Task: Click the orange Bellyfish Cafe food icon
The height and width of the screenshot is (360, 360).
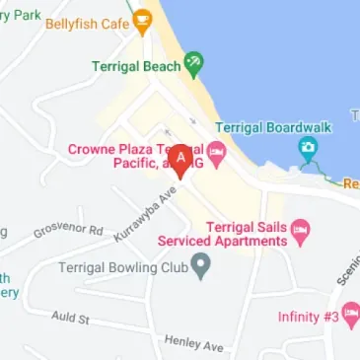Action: coord(144,18)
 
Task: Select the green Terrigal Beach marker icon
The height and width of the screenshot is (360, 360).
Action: coord(194,65)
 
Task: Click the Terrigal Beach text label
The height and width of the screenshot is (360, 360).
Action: coord(136,67)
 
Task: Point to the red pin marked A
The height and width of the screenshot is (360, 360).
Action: coord(180,159)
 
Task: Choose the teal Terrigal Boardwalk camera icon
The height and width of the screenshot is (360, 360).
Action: coord(308,150)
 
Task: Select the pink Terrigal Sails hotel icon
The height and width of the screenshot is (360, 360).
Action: coord(303,232)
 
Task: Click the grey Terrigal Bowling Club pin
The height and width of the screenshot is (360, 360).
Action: coord(201,265)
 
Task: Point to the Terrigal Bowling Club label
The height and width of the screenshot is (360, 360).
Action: coord(122,266)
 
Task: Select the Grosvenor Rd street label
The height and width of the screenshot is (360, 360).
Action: coord(68,232)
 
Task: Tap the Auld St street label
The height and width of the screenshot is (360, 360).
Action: coord(71,320)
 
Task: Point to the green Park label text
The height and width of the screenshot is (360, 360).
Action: coord(28,15)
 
